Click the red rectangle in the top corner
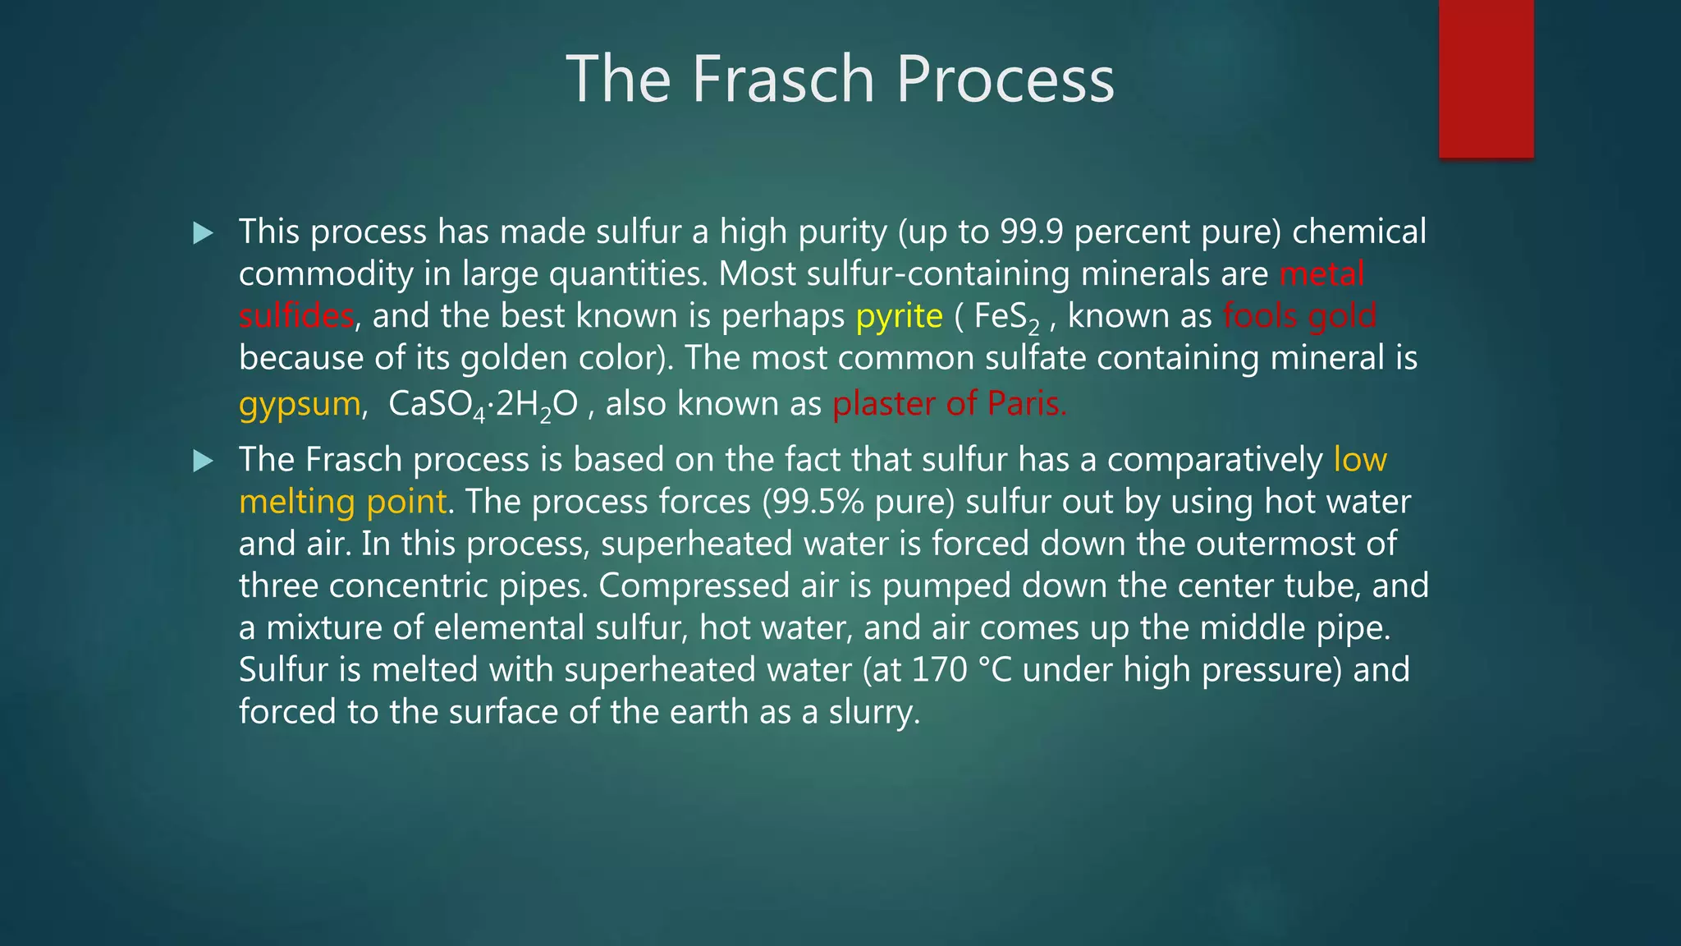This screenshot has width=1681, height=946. click(1486, 78)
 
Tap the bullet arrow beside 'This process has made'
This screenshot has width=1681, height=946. click(203, 233)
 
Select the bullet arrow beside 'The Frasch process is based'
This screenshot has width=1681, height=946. click(203, 461)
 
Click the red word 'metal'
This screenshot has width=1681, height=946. click(1321, 274)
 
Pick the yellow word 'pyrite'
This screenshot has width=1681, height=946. click(899, 316)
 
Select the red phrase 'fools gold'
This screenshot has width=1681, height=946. click(1299, 316)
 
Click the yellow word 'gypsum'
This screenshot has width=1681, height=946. click(300, 404)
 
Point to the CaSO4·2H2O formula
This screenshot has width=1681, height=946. click(483, 404)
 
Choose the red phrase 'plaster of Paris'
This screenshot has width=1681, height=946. click(949, 404)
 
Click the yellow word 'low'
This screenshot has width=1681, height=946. click(1360, 460)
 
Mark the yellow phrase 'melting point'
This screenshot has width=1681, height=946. click(343, 502)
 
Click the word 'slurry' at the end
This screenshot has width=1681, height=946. click(873, 712)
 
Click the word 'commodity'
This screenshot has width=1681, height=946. click(326, 274)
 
